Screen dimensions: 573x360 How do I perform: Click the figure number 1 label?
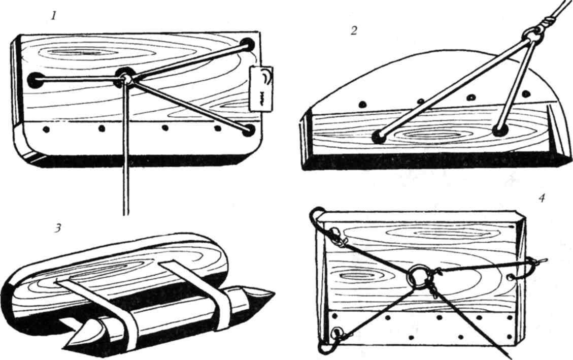54,16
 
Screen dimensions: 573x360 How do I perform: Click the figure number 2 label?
353,31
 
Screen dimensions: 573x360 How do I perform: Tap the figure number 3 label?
57,227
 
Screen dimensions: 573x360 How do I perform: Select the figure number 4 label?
542,198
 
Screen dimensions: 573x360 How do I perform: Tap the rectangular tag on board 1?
261,89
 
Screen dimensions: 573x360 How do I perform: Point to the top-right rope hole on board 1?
247,45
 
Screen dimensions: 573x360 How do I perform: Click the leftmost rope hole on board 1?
36,80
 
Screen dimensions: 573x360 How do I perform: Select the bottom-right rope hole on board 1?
249,130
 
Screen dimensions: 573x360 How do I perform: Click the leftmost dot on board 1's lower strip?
46,128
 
